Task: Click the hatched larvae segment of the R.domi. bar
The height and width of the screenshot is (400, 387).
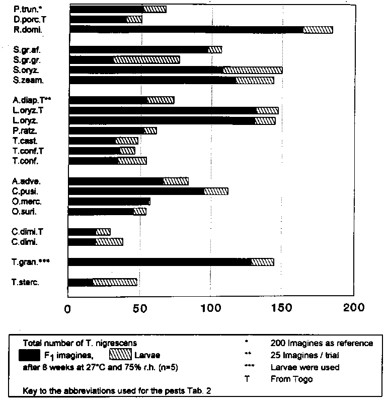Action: (x=318, y=30)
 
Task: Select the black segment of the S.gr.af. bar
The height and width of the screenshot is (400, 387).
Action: (x=139, y=49)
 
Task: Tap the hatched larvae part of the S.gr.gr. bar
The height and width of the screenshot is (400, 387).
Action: (x=146, y=60)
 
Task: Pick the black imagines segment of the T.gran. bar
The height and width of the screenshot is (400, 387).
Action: (x=159, y=262)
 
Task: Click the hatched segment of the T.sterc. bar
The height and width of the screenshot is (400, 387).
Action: (x=115, y=282)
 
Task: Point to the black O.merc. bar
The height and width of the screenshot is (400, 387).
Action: (x=109, y=202)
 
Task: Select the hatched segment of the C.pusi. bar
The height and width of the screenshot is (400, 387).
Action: (x=216, y=191)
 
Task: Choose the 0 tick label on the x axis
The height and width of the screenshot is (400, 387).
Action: (x=67, y=308)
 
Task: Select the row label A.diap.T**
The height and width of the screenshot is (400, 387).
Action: (x=32, y=100)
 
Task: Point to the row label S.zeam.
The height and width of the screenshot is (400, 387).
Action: (x=29, y=80)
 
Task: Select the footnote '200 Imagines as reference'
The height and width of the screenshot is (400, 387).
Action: (x=322, y=343)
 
